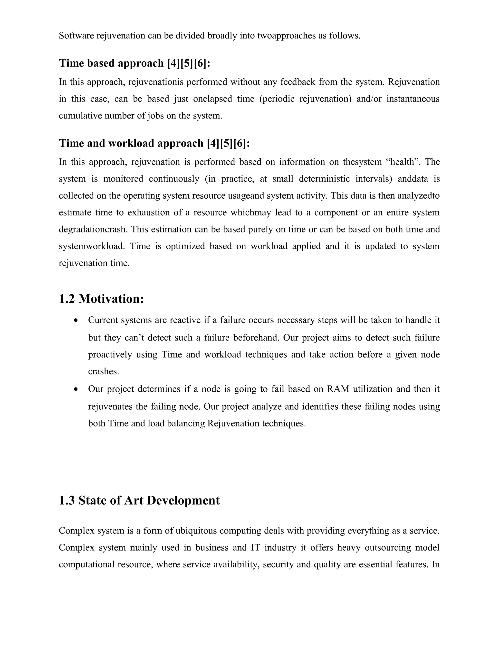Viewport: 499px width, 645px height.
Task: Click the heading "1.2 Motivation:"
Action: (101, 299)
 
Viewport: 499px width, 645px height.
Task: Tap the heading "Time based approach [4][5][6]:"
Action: (134, 63)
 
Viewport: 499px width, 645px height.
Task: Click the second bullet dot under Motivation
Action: (76, 389)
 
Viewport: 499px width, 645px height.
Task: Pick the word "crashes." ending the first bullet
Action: (104, 371)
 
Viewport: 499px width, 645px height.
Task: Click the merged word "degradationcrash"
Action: (93, 230)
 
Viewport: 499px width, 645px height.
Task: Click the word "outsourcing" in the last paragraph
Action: (388, 548)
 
